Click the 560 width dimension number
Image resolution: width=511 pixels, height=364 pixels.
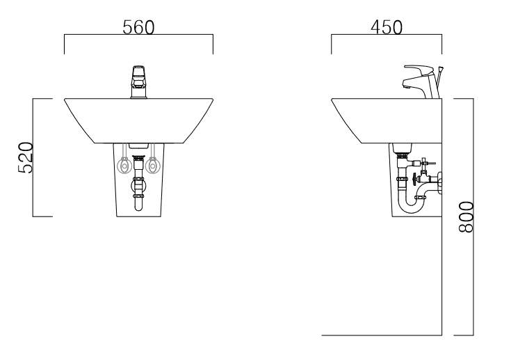tap(138, 27)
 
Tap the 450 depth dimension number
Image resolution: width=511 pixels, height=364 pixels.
tap(387, 27)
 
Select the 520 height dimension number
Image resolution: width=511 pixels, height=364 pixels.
tap(26, 157)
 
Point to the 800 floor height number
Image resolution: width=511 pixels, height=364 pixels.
tap(466, 217)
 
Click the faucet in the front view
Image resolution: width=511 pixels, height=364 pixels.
tap(138, 82)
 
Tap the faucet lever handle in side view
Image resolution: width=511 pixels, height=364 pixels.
tap(416, 70)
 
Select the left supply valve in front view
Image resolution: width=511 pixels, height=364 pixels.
tap(124, 166)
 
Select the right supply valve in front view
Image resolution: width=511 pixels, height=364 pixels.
tap(152, 166)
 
